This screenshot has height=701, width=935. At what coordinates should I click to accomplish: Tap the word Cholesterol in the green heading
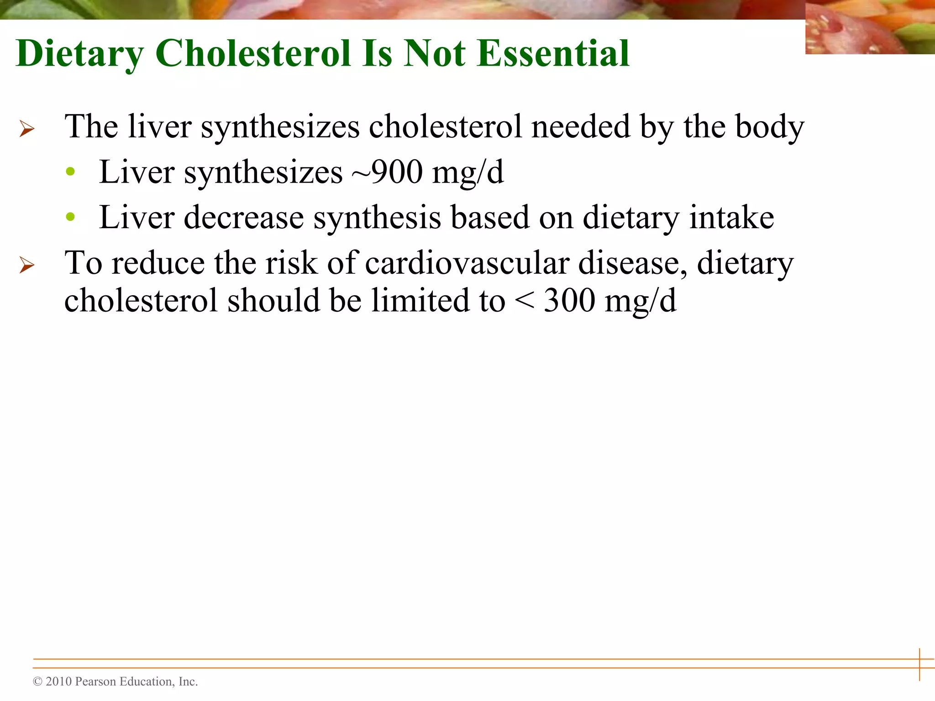coord(254,53)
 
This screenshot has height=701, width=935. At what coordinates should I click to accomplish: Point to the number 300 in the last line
coord(570,301)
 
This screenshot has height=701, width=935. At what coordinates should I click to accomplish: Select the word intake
coord(731,217)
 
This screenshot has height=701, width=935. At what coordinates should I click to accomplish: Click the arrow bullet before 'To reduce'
coord(27,265)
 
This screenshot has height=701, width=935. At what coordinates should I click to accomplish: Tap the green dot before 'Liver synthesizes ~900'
coord(70,172)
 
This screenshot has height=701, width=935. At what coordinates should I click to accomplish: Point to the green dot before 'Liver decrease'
coord(70,217)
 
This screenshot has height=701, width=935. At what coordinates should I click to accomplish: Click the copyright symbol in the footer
coord(37,682)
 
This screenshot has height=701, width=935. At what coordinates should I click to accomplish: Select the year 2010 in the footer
coord(59,682)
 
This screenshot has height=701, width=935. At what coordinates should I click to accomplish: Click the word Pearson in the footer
coord(95,682)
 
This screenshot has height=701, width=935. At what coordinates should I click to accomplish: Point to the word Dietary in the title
coord(80,53)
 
